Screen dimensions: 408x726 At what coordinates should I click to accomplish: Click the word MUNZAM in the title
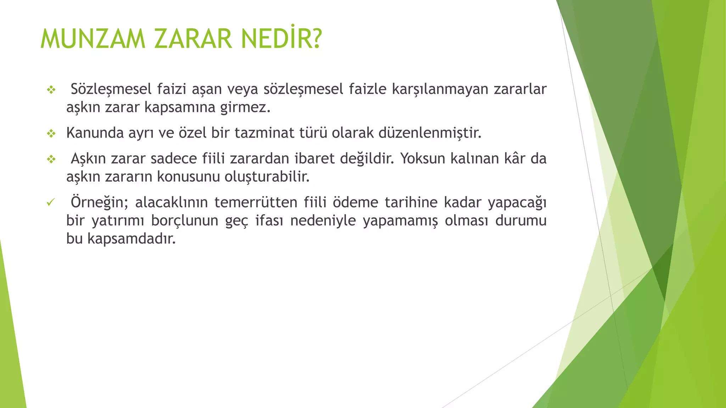pos(93,39)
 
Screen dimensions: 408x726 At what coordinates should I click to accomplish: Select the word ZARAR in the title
pos(193,39)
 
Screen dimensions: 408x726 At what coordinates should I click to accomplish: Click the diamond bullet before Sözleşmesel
pos(51,90)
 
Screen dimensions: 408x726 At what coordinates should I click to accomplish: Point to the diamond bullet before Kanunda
pos(51,134)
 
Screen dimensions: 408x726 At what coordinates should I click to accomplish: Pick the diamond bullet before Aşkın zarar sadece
pos(51,159)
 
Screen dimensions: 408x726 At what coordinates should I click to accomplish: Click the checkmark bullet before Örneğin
pos(51,203)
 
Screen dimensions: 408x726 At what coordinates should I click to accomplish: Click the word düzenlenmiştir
pos(430,133)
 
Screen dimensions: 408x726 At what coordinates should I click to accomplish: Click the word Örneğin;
pos(99,203)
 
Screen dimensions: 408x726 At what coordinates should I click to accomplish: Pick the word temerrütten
pos(256,203)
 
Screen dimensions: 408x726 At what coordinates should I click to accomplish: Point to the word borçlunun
pos(184,221)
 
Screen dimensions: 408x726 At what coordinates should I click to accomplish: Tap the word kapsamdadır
pos(132,239)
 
